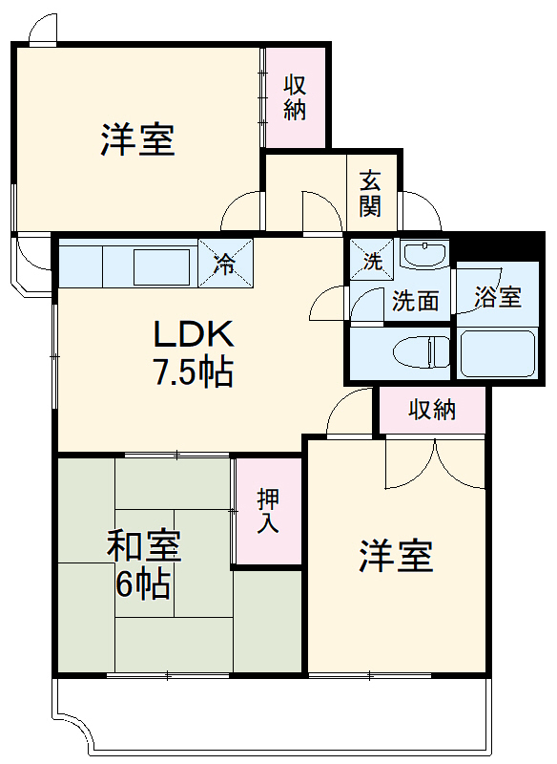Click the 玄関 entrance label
371,192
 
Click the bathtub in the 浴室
497,353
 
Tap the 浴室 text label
498,296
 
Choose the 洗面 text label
416,301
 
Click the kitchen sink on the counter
161,265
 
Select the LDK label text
194,334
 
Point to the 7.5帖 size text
194,372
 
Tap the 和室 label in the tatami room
143,547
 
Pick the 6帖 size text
143,583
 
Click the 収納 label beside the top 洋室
295,96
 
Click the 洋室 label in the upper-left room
137,139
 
